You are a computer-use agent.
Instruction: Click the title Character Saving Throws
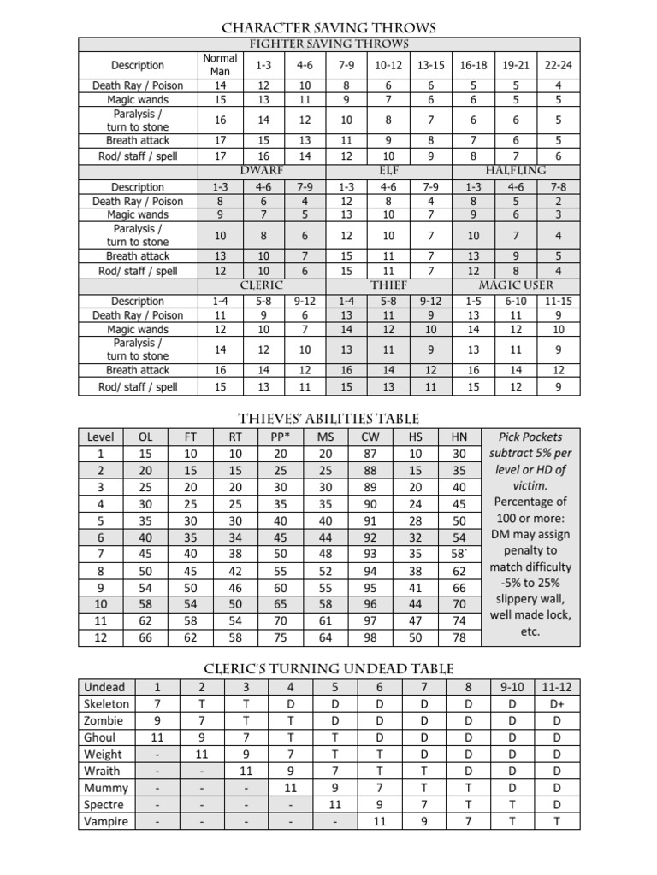click(x=328, y=28)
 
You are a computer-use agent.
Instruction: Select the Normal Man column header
click(x=220, y=65)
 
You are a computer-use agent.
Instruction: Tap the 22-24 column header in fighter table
click(x=558, y=65)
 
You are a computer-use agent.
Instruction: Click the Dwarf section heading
click(x=262, y=171)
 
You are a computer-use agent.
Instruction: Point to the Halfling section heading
click(x=516, y=171)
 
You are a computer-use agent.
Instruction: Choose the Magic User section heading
click(x=516, y=285)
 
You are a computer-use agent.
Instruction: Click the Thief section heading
click(x=388, y=285)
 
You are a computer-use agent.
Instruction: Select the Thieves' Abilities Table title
click(x=328, y=418)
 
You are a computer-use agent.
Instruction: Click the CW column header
click(x=370, y=437)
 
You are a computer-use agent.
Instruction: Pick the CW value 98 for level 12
click(x=370, y=637)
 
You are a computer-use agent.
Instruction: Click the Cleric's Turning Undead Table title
click(x=328, y=668)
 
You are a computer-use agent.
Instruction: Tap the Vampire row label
click(x=105, y=821)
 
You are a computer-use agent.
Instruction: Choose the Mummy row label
click(x=105, y=788)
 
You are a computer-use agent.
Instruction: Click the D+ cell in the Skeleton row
click(x=557, y=704)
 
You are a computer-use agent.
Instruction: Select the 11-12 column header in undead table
click(x=557, y=687)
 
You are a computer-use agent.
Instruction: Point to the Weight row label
click(x=103, y=755)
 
